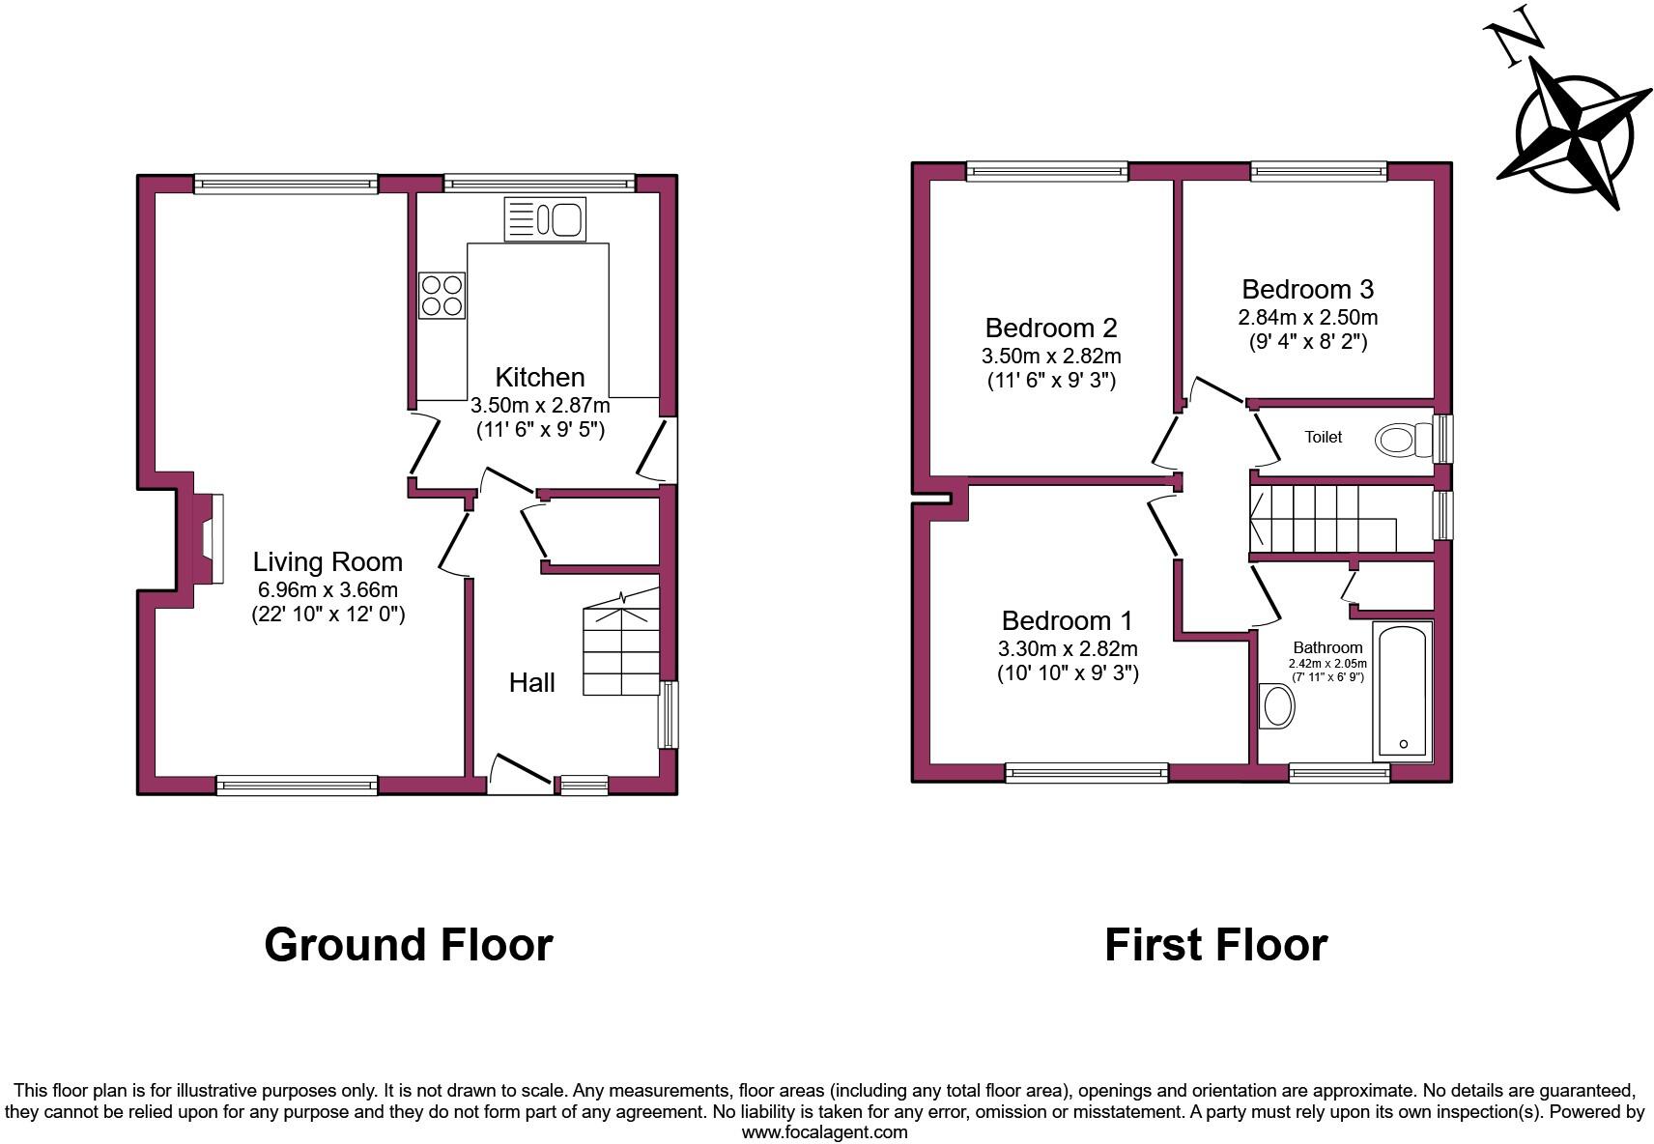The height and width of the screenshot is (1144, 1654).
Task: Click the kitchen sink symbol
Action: pos(545,219)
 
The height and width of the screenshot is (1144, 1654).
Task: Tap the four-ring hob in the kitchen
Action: pos(442,295)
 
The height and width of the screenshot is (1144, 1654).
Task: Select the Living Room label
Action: pos(328,561)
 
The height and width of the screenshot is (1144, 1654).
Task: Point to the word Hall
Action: pos(531,683)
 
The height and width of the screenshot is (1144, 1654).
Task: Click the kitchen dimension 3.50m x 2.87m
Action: pos(540,405)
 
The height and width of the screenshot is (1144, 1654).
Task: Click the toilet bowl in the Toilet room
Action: pos(1399,440)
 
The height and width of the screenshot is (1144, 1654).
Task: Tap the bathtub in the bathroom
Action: pos(1402,692)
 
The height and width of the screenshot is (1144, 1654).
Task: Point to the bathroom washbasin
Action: pos(1278,706)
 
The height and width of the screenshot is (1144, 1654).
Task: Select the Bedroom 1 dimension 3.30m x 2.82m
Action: pos(1068,648)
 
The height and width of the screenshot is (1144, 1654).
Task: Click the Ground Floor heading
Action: pos(408,944)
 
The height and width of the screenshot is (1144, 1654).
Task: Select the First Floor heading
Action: pos(1215,944)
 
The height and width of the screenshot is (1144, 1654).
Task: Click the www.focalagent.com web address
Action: pos(824,1131)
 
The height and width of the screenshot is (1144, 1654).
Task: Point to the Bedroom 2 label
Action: pos(1051,328)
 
